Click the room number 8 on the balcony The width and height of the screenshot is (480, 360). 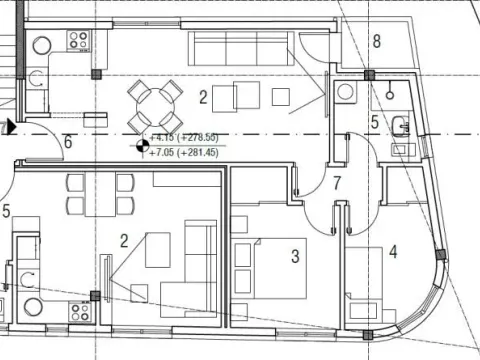pyautogui.click(x=376, y=41)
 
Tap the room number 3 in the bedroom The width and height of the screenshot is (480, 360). pyautogui.click(x=295, y=256)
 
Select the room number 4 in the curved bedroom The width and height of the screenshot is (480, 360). pyautogui.click(x=393, y=252)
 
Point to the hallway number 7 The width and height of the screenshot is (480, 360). pyautogui.click(x=338, y=183)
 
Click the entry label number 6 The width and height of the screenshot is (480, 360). pyautogui.click(x=67, y=141)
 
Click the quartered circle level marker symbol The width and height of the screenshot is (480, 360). pyautogui.click(x=142, y=146)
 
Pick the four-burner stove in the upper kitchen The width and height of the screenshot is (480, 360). pyautogui.click(x=79, y=41)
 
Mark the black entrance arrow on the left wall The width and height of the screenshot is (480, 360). pyautogui.click(x=10, y=127)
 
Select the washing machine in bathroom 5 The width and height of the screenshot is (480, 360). pyautogui.click(x=347, y=92)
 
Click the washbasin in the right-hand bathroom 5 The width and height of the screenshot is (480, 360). pyautogui.click(x=400, y=126)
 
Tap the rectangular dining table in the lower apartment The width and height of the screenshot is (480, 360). pyautogui.click(x=101, y=194)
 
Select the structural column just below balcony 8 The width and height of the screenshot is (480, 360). pyautogui.click(x=369, y=75)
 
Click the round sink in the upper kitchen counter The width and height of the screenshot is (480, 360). pyautogui.click(x=43, y=45)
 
